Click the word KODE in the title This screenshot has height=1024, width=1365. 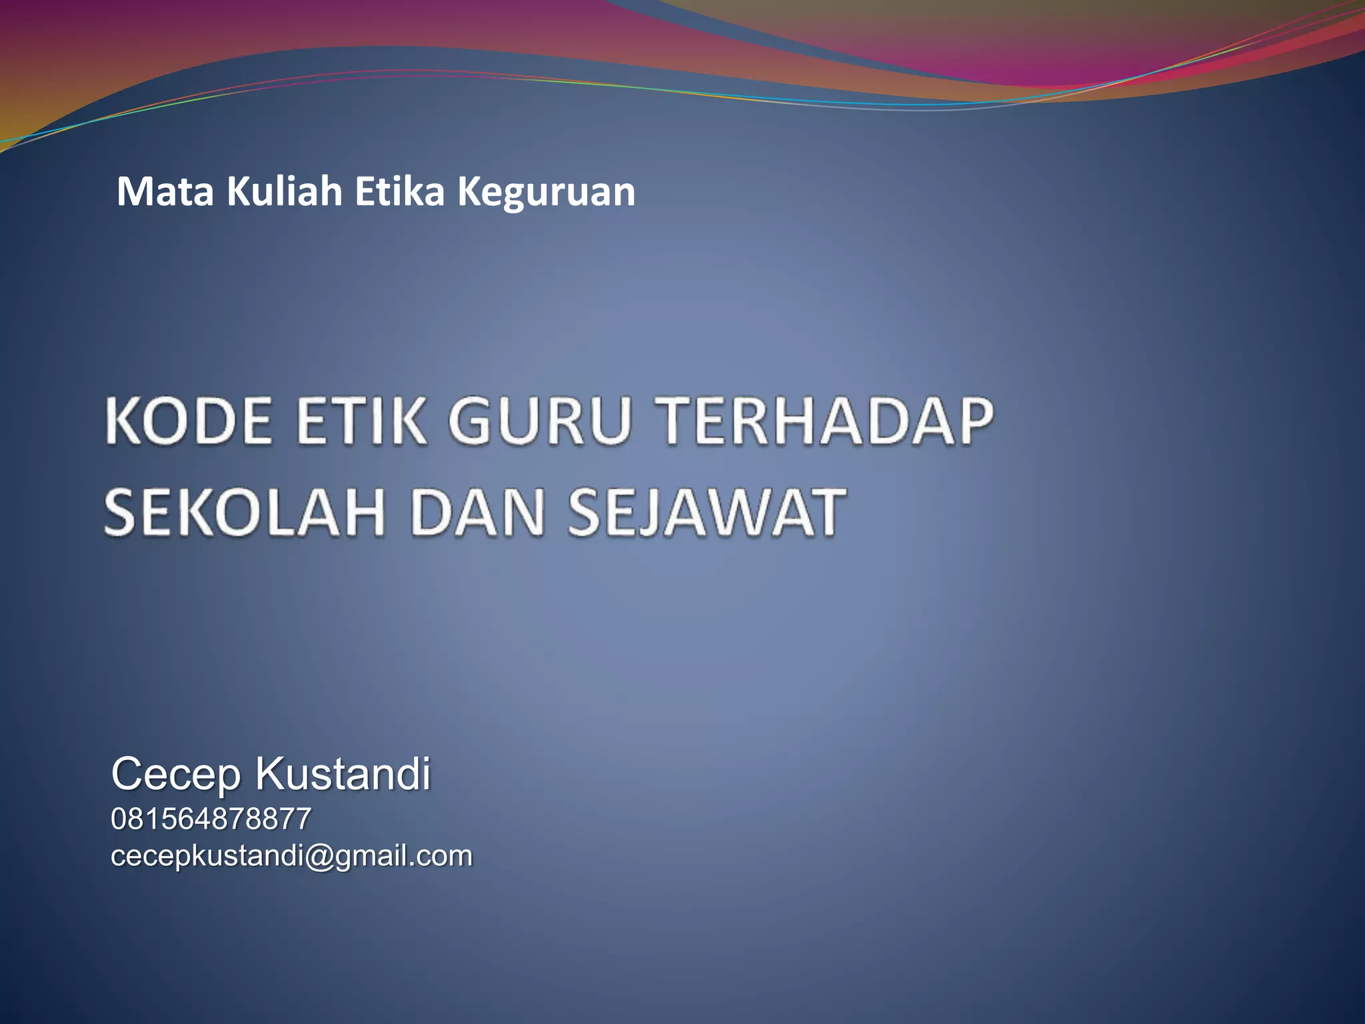click(x=189, y=421)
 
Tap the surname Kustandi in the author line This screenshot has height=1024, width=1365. click(x=343, y=774)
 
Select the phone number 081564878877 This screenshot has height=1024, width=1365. click(x=211, y=819)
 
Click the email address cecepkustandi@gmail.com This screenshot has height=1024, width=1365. click(x=291, y=856)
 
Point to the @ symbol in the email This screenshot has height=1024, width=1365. click(x=319, y=857)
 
